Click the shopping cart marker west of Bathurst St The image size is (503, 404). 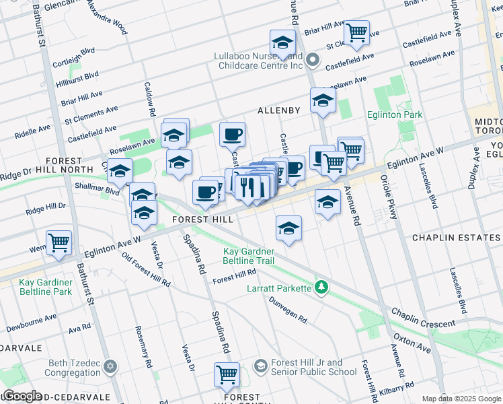tap(59, 242)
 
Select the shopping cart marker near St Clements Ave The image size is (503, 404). tap(356, 32)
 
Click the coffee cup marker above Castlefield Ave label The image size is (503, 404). tap(232, 134)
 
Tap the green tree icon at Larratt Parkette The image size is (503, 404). tap(322, 288)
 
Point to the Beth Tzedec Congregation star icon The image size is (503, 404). tap(110, 367)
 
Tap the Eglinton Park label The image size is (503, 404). tap(394, 114)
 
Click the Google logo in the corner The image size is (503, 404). tap(22, 396)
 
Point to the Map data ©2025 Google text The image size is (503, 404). tap(461, 399)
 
